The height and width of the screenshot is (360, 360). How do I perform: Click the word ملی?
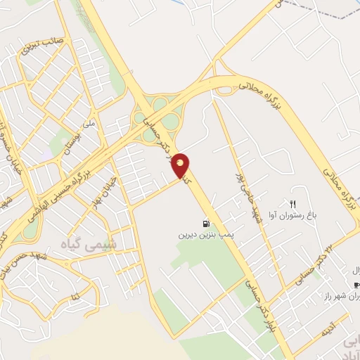[x=89, y=124]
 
